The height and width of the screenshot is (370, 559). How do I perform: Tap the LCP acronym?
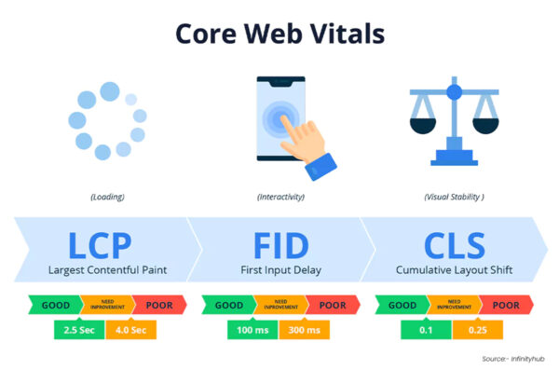point(102,244)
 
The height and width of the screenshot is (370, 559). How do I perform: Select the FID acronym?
point(279,244)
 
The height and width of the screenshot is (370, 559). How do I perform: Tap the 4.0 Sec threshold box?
point(130,329)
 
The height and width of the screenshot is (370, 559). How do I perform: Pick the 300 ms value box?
point(303,329)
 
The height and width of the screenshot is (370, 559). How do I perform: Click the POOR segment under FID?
point(331,305)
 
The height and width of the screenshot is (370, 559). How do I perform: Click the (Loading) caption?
point(107,198)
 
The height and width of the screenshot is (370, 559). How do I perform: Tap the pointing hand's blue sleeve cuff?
point(322,168)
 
